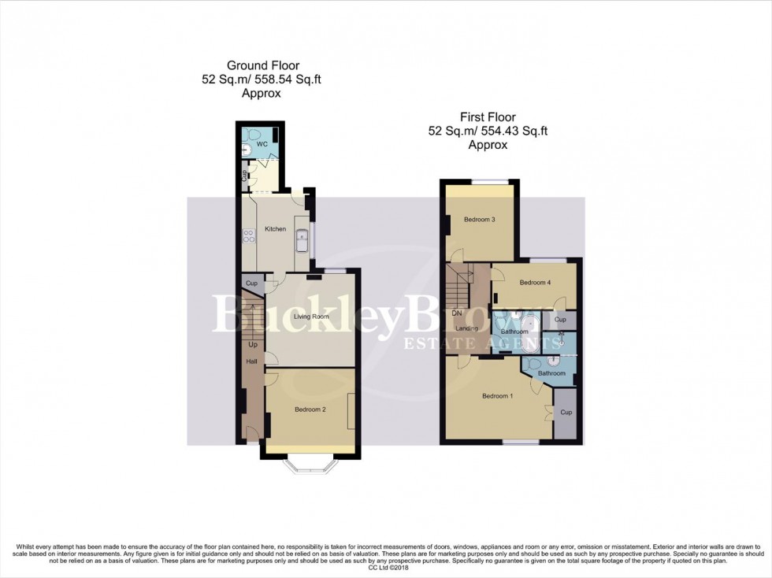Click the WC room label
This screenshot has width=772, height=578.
pyautogui.click(x=262, y=144)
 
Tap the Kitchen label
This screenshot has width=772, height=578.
pyautogui.click(x=275, y=229)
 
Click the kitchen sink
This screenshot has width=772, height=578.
pyautogui.click(x=301, y=241)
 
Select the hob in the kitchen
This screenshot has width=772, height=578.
pyautogui.click(x=247, y=235)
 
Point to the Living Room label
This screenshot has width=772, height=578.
pyautogui.click(x=311, y=317)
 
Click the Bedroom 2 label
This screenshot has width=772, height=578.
pyautogui.click(x=310, y=409)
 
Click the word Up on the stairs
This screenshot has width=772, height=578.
pyautogui.click(x=253, y=345)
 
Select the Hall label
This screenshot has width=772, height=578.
pyautogui.click(x=252, y=361)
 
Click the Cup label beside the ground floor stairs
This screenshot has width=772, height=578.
pyautogui.click(x=252, y=283)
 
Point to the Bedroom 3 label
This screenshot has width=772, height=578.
pyautogui.click(x=479, y=220)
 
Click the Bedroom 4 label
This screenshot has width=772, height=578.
pyautogui.click(x=535, y=282)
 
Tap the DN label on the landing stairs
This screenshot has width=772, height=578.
pyautogui.click(x=457, y=313)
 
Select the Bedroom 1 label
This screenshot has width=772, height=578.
pyautogui.click(x=498, y=396)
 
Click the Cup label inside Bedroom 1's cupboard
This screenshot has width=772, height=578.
pyautogui.click(x=566, y=412)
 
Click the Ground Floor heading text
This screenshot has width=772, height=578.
pyautogui.click(x=262, y=65)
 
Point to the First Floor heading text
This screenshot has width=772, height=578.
pyautogui.click(x=488, y=117)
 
